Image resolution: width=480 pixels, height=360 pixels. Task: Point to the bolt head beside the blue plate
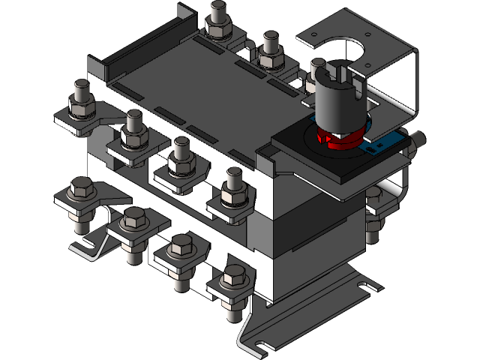pos(417,139)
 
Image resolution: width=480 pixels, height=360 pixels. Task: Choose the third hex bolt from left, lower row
pos(181,247)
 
